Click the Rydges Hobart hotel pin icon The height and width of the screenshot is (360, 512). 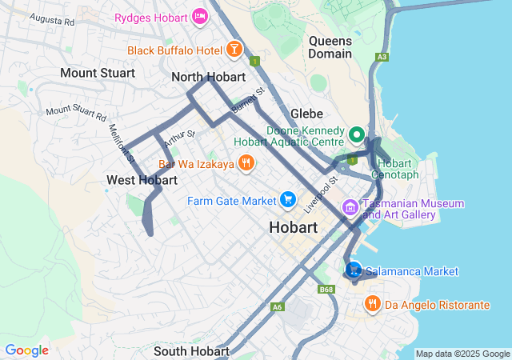click(x=200, y=16)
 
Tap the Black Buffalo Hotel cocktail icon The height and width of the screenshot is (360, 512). click(x=234, y=50)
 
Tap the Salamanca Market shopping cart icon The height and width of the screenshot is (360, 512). click(x=354, y=270)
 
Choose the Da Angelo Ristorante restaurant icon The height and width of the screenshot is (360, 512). click(x=373, y=304)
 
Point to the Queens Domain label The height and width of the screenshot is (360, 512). click(x=330, y=46)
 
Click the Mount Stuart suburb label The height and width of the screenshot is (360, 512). click(x=97, y=73)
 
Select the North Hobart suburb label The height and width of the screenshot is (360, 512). click(x=208, y=78)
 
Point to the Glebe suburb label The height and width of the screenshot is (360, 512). click(x=306, y=114)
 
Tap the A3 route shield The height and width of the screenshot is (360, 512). click(x=382, y=57)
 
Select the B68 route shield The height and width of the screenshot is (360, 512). click(x=326, y=290)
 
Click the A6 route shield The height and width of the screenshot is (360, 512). click(x=278, y=307)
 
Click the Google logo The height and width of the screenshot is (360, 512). click(x=26, y=350)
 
